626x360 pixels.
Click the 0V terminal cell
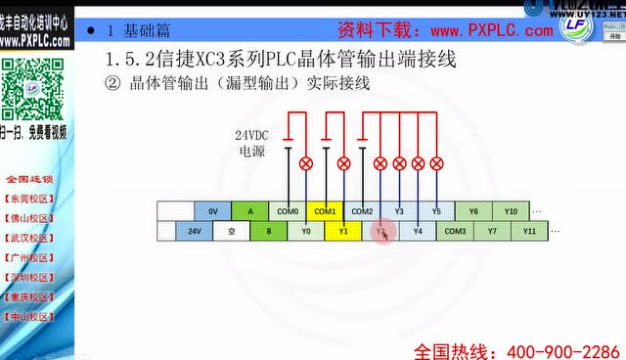212,211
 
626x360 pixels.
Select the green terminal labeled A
250,211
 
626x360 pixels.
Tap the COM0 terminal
288,211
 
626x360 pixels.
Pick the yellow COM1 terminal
325,211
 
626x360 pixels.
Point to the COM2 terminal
362,211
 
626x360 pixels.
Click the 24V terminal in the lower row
194,231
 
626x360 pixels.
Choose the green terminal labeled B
269,231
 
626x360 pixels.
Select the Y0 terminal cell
306,231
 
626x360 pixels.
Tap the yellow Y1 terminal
343,231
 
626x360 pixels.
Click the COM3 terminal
456,231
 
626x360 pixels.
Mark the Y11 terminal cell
529,231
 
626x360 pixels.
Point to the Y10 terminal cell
511,211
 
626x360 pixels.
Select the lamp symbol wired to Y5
436,163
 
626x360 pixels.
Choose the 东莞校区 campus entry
34,198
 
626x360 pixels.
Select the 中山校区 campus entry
34,317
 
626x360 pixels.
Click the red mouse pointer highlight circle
383,233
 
